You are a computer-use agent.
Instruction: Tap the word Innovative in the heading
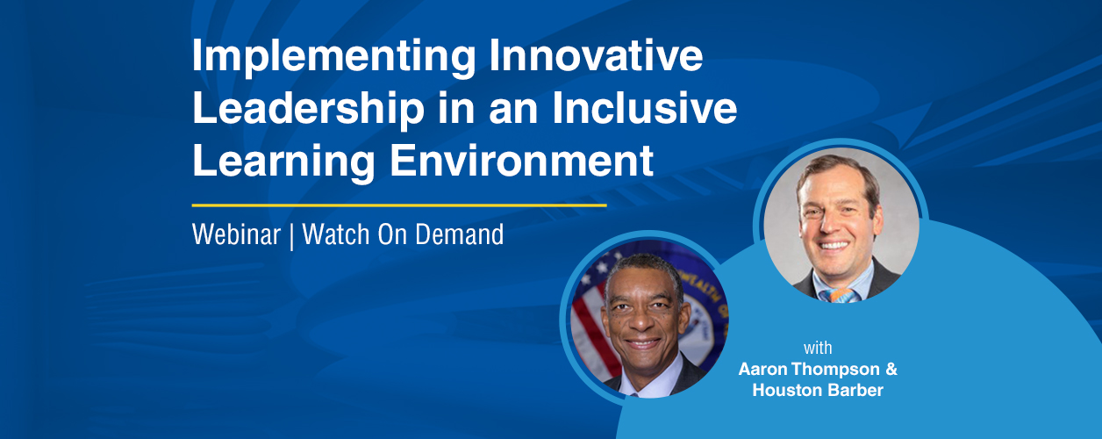point(596,55)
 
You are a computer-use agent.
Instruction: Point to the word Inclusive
point(645,108)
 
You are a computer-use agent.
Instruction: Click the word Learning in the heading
point(283,162)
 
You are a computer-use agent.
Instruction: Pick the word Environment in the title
point(521,160)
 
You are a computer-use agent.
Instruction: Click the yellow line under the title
point(399,205)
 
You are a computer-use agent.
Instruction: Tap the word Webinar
point(236,234)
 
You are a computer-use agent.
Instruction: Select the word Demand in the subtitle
point(460,234)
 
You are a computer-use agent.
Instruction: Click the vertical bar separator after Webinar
point(291,235)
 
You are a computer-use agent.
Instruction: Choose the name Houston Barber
point(818,391)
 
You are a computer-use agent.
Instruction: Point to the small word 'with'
point(818,348)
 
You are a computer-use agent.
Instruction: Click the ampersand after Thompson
point(891,369)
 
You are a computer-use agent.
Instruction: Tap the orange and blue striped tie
point(840,295)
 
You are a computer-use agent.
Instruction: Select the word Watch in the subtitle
point(335,234)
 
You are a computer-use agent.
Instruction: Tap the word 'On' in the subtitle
point(392,234)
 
